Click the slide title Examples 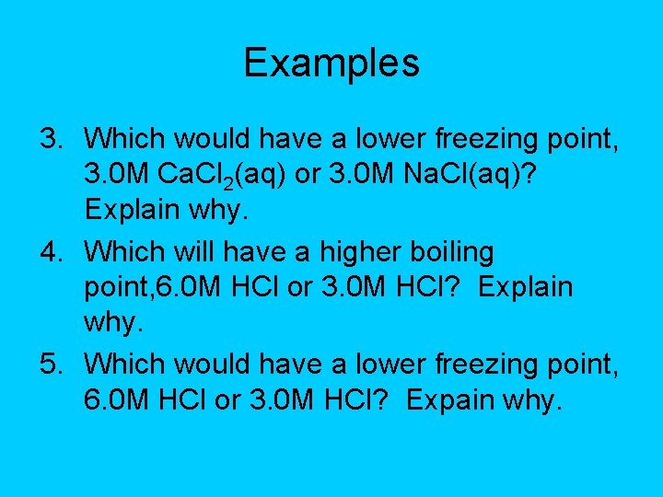(x=331, y=63)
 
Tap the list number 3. (x=50, y=138)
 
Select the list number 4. (x=50, y=251)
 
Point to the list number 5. (x=50, y=364)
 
